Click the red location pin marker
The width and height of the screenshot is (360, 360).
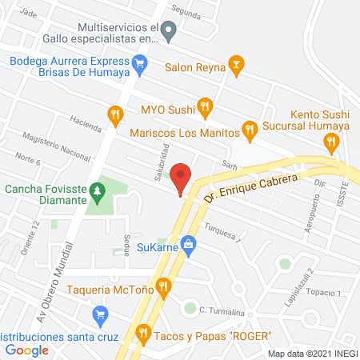tap(182, 178)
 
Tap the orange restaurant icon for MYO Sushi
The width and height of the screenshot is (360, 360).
tap(204, 105)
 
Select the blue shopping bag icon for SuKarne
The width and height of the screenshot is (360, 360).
tap(188, 243)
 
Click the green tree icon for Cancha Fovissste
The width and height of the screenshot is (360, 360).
tap(98, 190)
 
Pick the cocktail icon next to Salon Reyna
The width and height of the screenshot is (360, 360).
tap(235, 63)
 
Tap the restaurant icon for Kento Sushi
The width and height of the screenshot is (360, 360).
tap(330, 141)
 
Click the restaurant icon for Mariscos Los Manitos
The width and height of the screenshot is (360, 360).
tap(250, 128)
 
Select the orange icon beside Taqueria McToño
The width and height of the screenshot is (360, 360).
tap(163, 286)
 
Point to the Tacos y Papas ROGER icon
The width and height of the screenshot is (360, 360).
tap(143, 331)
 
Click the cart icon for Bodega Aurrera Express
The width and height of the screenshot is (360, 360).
tap(140, 61)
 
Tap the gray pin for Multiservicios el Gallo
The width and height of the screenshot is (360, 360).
tap(168, 32)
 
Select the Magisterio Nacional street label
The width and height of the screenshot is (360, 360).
tap(58, 144)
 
